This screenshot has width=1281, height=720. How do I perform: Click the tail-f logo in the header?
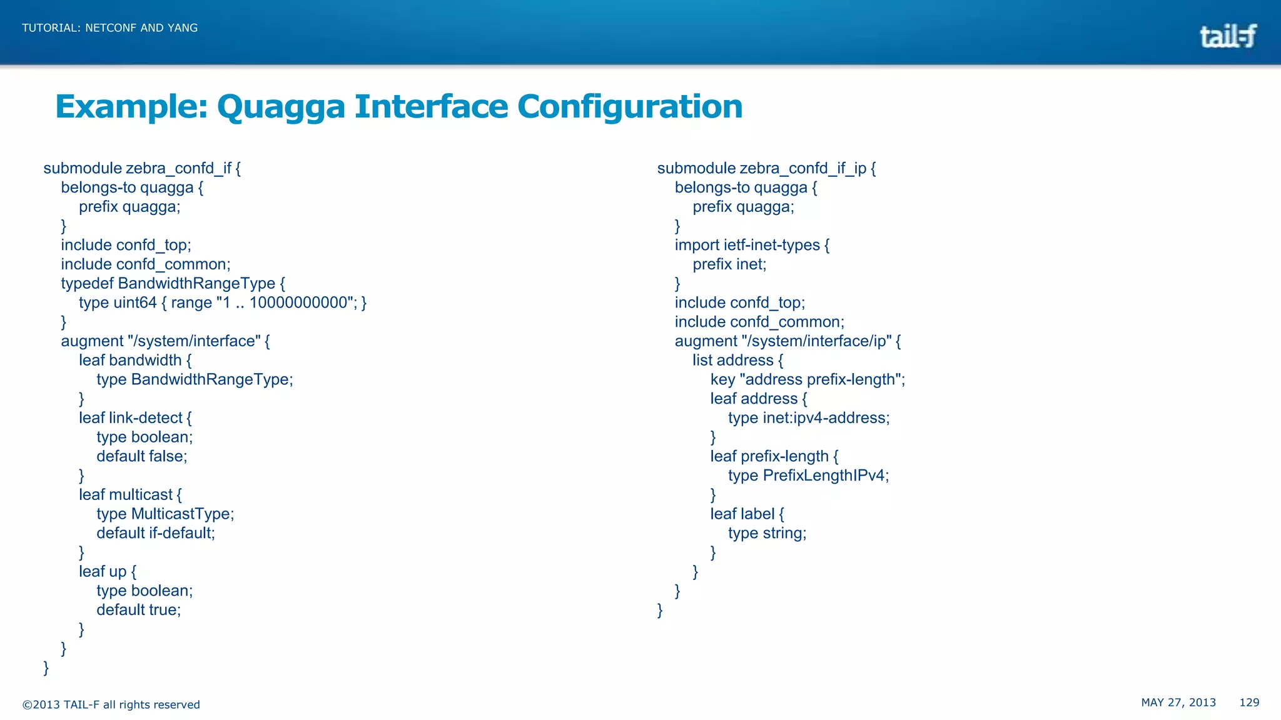coord(1227,36)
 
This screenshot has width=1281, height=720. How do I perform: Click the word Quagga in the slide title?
coord(281,106)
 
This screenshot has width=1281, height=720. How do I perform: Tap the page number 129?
coord(1249,702)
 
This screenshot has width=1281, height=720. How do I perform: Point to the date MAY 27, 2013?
coord(1178,702)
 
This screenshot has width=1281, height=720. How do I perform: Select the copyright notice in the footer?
coord(111,704)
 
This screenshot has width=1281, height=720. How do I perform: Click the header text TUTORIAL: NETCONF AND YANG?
coord(110,27)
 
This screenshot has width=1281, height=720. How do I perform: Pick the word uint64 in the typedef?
coord(135,302)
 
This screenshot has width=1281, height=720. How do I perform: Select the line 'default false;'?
coord(142,456)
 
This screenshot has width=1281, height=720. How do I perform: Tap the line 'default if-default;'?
coord(156,533)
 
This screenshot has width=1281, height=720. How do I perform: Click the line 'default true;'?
coord(139,610)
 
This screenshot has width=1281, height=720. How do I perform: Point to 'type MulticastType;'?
coord(165,514)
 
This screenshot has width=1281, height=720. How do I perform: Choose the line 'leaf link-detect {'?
coord(135,417)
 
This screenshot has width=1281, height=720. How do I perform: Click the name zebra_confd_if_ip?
coord(803,168)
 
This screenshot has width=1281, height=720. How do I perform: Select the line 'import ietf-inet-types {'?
coord(752,245)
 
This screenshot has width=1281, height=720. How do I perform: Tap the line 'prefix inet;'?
coord(729,264)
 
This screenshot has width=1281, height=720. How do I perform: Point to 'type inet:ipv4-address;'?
coord(809,417)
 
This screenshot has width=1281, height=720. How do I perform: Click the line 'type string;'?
coord(767,533)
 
